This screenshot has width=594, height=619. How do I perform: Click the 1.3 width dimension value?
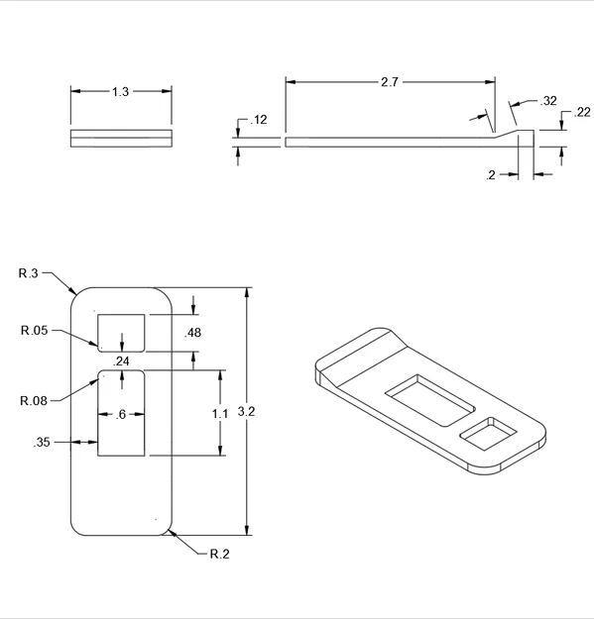121,92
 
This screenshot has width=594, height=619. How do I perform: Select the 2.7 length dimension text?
390,82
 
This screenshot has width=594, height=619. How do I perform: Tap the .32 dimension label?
548,101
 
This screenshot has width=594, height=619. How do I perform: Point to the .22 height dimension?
582,112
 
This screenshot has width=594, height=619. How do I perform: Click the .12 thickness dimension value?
259,120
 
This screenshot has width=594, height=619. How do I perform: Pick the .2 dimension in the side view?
491,175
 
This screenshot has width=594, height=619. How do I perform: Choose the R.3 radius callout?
29,273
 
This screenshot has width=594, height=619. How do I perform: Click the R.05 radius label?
35,330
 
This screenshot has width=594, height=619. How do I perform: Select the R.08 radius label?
34,401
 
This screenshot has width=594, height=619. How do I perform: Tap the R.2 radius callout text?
220,554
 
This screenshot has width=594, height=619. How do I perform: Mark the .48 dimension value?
192,333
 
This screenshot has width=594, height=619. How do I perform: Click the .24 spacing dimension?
121,361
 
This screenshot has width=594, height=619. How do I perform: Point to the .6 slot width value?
121,415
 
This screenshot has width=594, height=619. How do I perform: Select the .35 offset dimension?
42,442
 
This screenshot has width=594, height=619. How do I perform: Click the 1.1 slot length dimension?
220,414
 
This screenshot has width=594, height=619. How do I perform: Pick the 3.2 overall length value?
246,412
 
